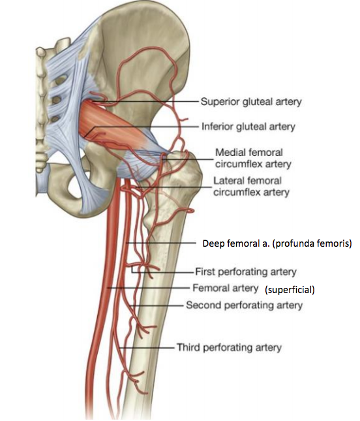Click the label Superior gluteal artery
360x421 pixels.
point(251,102)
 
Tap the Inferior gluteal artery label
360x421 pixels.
point(248,127)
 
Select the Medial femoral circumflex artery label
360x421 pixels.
point(253,158)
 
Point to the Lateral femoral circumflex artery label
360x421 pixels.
point(251,186)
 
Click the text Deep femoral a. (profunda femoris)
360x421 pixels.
point(277,243)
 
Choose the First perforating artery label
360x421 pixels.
point(246,272)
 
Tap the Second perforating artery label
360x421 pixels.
point(245,305)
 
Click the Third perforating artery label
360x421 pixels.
point(229,347)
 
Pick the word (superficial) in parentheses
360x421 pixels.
point(290,290)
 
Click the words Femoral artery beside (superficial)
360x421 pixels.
point(226,288)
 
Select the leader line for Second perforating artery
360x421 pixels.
point(157,305)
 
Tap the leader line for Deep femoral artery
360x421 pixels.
point(161,243)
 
